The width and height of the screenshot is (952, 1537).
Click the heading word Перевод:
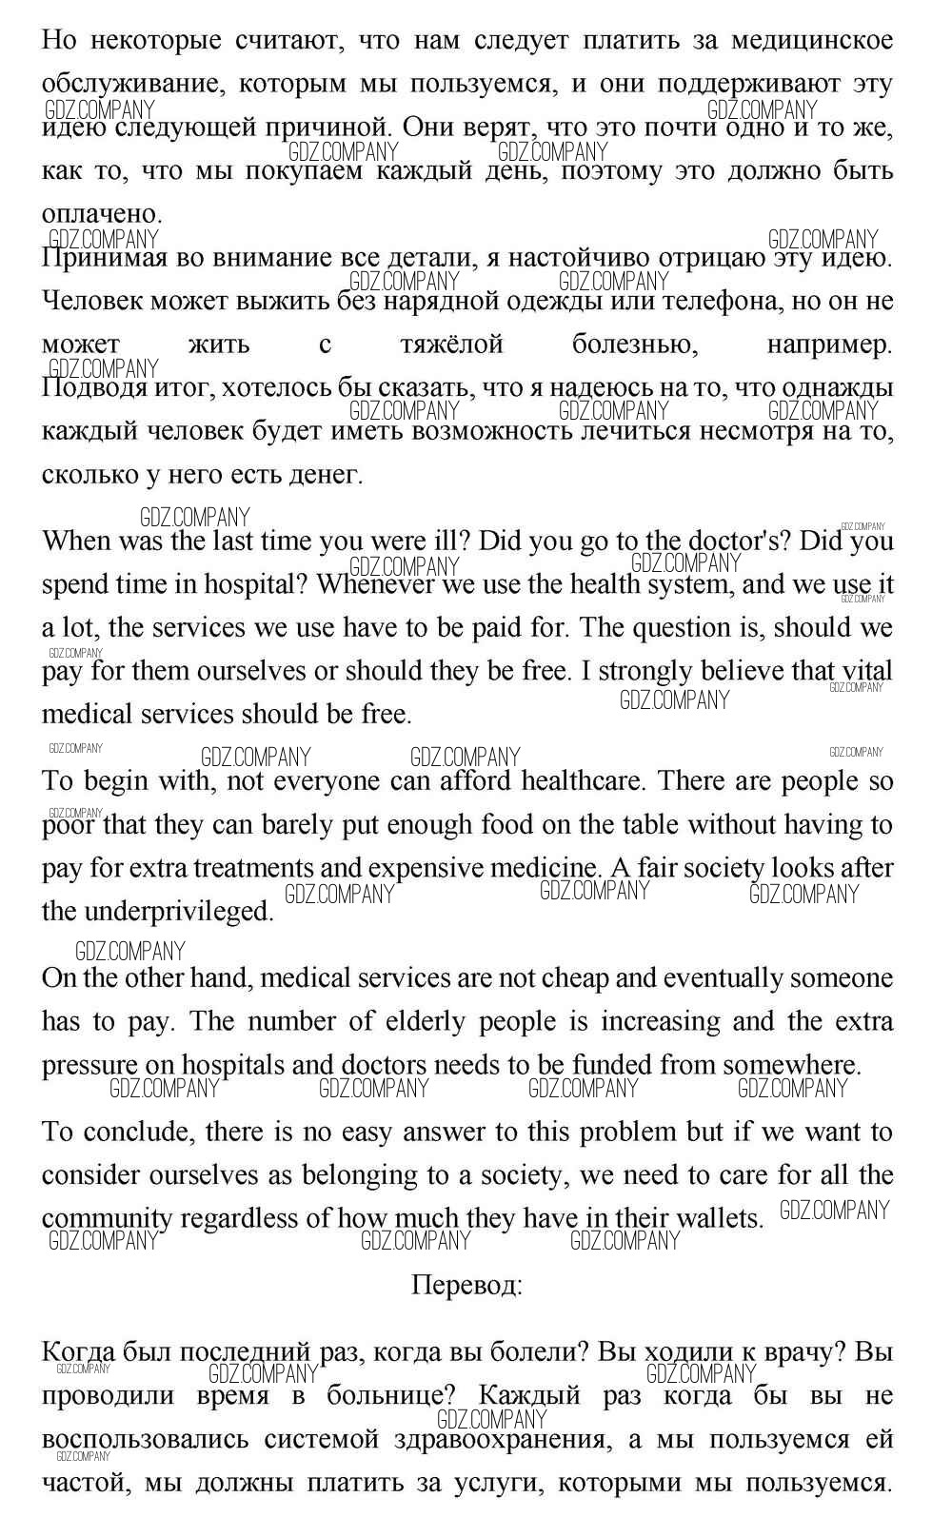coord(466,1286)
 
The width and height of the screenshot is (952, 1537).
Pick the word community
coord(107,1218)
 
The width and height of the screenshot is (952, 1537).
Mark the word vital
coord(864,671)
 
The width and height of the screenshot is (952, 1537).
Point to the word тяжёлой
coord(451,345)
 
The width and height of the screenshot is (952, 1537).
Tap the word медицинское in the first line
coord(812,40)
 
